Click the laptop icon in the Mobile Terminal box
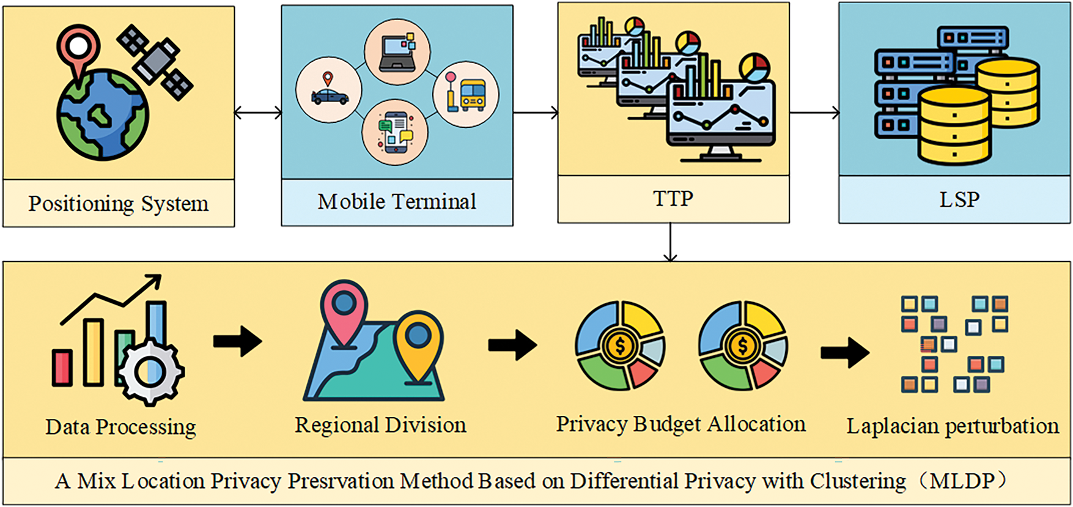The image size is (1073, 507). click(x=397, y=51)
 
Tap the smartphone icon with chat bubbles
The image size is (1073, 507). click(x=396, y=132)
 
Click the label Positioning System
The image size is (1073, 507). click(x=119, y=204)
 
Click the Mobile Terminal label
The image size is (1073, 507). click(x=397, y=201)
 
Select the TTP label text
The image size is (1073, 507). click(x=673, y=199)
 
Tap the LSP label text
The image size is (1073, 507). click(x=959, y=199)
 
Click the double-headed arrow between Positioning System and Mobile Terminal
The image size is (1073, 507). click(x=258, y=113)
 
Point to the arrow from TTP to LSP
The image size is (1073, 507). click(x=814, y=113)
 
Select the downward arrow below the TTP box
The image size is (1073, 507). click(x=671, y=242)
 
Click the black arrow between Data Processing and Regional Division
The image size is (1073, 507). click(x=238, y=341)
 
